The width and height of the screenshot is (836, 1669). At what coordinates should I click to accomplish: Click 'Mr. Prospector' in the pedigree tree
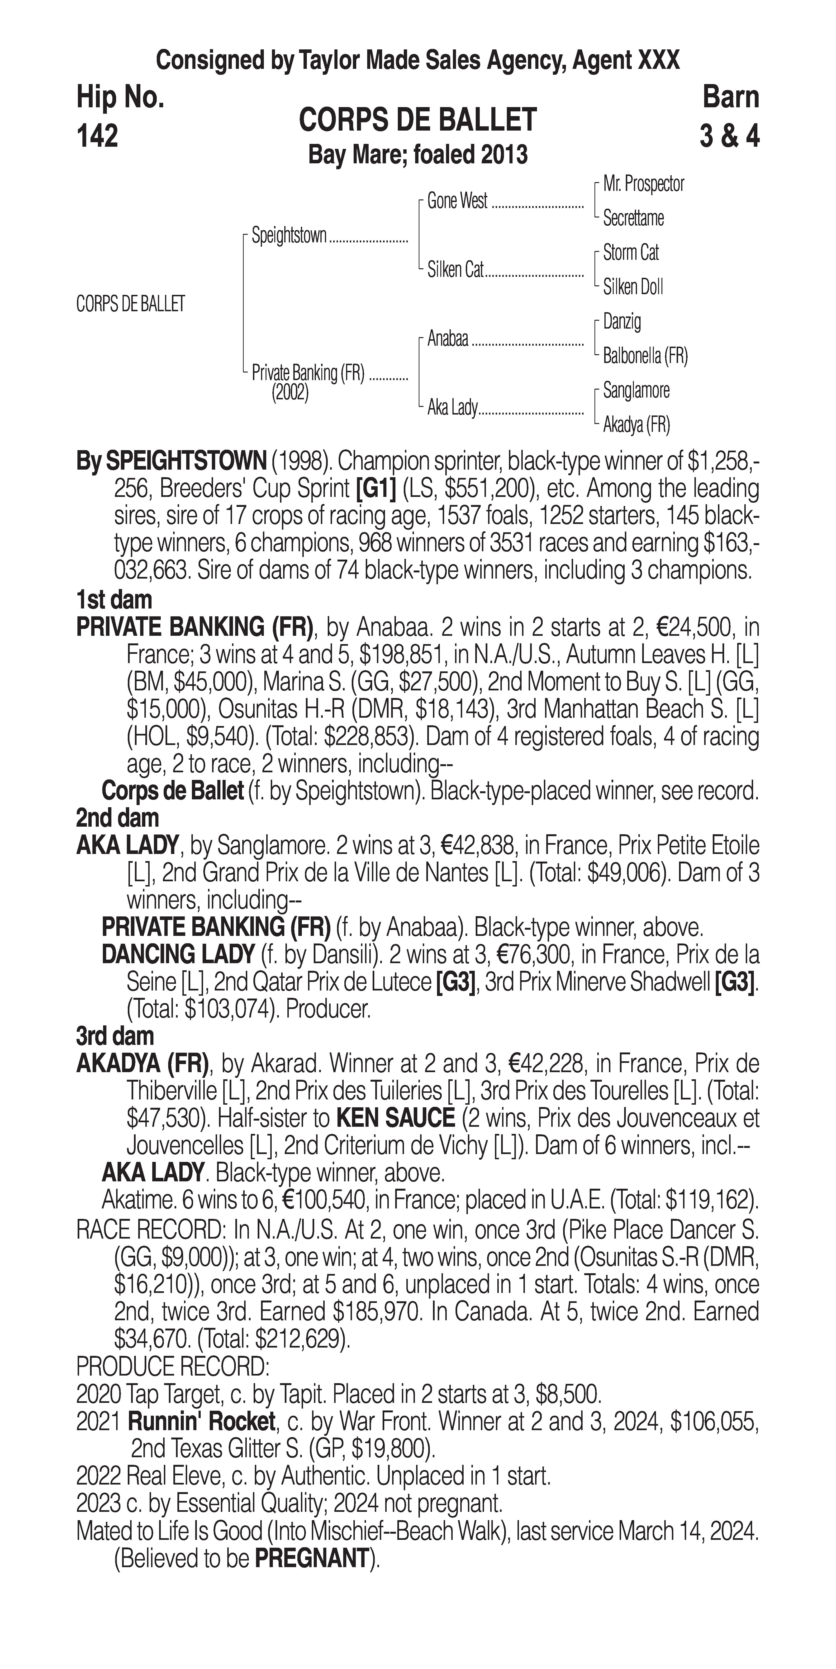pos(643,184)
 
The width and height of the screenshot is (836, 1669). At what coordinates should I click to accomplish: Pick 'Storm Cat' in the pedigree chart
pos(631,253)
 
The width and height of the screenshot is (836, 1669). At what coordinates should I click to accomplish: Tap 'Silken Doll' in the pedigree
pos(632,287)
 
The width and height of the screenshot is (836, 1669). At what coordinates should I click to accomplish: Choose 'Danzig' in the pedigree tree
pos(622,321)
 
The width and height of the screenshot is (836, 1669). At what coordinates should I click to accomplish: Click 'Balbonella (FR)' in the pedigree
pos(645,356)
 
